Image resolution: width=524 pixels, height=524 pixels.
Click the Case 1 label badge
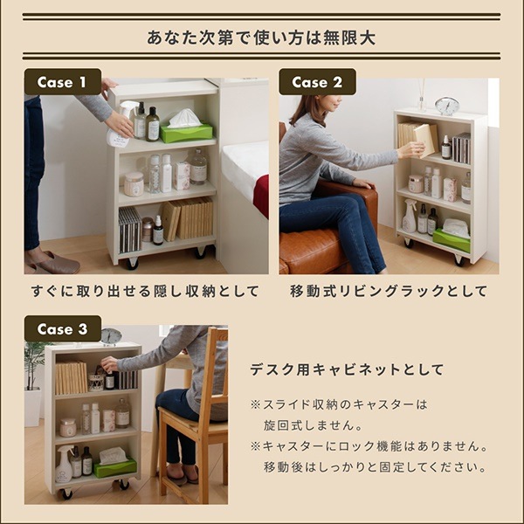pyautogui.click(x=62, y=82)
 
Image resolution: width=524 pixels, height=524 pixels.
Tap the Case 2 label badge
pyautogui.click(x=317, y=82)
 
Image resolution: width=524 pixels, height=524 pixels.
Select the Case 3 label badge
pyautogui.click(x=62, y=329)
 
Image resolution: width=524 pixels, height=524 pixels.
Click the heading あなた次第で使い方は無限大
pyautogui.click(x=262, y=38)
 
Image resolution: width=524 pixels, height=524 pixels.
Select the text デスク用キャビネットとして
pyautogui.click(x=347, y=369)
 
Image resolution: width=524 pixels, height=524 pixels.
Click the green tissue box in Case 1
pyautogui.click(x=187, y=132)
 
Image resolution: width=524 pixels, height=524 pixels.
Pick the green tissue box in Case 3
pyautogui.click(x=115, y=467)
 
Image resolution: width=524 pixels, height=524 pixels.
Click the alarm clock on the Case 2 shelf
pyautogui.click(x=447, y=106)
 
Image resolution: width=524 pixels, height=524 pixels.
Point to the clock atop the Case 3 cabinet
pyautogui.click(x=111, y=336)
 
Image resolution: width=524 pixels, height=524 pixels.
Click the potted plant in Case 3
pyautogui.click(x=34, y=367)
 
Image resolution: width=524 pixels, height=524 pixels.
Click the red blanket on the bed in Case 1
pyautogui.click(x=261, y=196)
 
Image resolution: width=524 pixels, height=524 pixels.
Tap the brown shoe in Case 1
pyautogui.click(x=52, y=263)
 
